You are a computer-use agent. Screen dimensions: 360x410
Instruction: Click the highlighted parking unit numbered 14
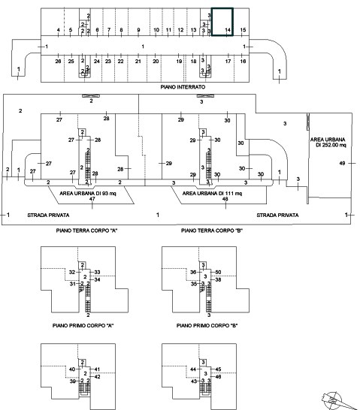pos(222,22)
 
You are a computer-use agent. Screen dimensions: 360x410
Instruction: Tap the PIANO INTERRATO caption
pos(183,87)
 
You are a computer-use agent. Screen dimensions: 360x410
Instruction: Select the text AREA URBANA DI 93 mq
pos(88,194)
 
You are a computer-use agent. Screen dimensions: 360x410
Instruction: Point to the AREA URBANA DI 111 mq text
pos(212,194)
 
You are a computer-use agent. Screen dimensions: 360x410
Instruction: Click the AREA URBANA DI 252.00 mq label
pos(328,142)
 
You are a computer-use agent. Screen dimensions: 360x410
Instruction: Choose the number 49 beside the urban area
pos(342,163)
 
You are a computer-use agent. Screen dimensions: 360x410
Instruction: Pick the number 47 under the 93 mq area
pos(92,199)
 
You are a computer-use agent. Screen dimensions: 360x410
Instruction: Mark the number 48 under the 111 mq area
pos(225,199)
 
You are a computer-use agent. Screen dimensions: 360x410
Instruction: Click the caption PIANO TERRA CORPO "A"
pos(86,231)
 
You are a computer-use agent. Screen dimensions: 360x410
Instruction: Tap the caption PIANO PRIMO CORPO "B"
pos(207,326)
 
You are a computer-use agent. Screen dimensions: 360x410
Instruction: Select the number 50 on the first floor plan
pos(218,272)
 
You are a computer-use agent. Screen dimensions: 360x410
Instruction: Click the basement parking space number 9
pos(138,30)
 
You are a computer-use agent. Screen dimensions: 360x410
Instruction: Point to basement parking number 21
pos(138,61)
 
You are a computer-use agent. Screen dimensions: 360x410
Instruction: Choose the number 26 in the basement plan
pos(58,61)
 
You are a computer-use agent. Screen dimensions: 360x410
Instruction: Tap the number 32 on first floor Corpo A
pos(72,272)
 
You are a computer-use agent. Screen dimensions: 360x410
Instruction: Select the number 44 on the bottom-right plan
pos(193,369)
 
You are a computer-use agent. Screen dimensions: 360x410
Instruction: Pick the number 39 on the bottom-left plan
pos(72,381)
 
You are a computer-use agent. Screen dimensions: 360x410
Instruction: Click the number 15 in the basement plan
pos(243,30)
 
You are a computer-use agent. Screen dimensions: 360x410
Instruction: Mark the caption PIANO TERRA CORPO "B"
pos(212,231)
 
